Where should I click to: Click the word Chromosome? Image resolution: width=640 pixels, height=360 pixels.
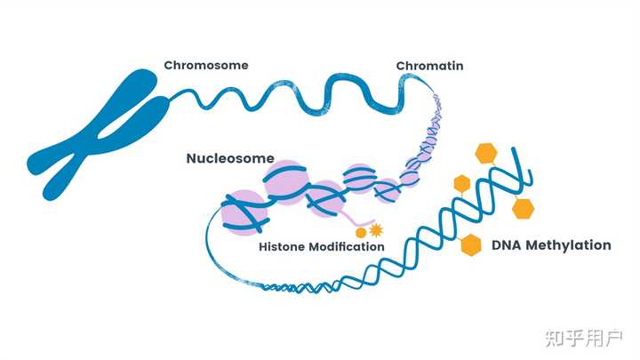206,65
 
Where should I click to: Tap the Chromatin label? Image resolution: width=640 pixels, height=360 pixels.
430,66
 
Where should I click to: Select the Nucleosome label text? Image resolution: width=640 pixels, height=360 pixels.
230,158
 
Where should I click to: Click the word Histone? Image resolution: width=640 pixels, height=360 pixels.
282,246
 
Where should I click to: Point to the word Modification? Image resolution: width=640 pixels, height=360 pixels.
347,246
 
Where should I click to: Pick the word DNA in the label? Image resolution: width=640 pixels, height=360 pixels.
507,245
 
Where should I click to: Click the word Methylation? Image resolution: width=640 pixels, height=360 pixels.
568,245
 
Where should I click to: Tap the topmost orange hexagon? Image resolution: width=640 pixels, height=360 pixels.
486,154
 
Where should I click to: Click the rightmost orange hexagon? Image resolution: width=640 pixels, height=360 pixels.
523,209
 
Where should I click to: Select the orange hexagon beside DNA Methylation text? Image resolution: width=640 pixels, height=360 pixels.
471,245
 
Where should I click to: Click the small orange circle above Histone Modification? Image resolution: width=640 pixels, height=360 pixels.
360,233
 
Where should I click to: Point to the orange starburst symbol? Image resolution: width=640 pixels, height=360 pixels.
376,230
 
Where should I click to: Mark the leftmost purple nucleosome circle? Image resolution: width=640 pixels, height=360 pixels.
244,212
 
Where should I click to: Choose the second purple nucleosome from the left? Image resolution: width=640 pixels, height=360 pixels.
286,182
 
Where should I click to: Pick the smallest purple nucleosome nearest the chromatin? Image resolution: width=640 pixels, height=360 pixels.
410,178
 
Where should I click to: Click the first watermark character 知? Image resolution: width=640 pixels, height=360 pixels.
555,338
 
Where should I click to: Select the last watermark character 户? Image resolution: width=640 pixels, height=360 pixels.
613,338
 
